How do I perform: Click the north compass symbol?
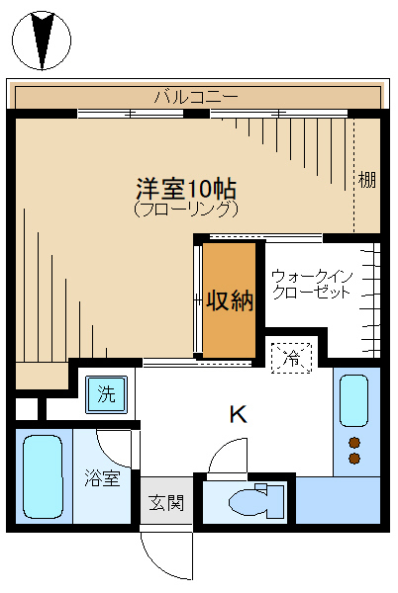point(42,41)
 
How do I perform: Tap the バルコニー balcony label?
point(196,97)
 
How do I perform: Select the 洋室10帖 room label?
point(186,189)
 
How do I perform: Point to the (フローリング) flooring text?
point(186,210)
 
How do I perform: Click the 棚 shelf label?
point(367,180)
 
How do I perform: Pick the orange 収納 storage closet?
point(230,300)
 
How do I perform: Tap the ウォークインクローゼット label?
point(312,285)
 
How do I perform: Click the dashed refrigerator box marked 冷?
point(292,358)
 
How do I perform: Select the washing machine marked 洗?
point(106,394)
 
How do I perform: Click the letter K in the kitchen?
point(239,414)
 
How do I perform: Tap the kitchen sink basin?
point(353,401)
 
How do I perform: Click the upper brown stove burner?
point(354,442)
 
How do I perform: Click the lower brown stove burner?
point(354,459)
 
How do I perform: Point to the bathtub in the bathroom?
point(43,476)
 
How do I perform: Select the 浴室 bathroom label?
point(102,478)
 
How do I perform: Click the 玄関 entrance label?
point(166,503)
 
